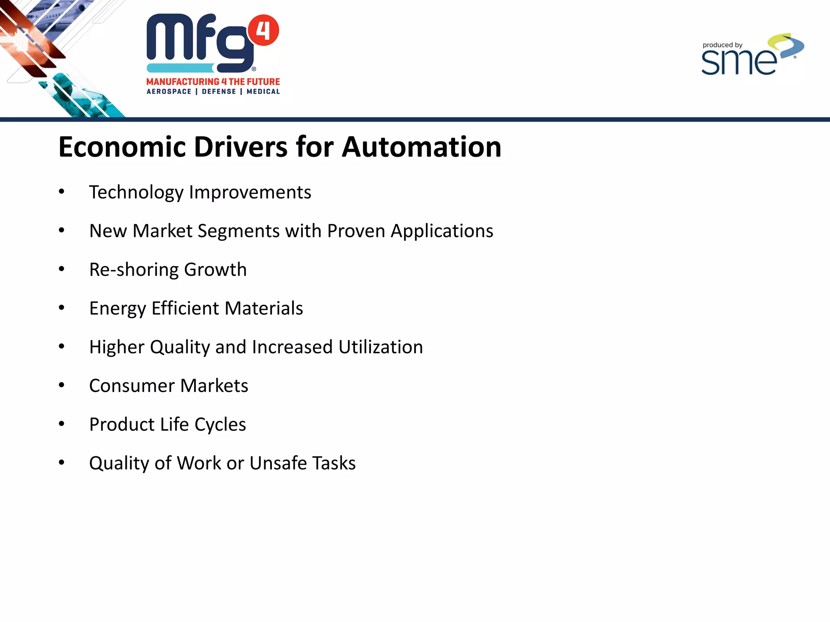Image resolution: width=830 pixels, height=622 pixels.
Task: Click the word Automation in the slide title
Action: point(421,147)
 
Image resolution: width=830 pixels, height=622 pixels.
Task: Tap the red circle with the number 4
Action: point(263,30)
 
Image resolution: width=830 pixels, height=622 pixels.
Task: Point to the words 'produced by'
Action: point(722,45)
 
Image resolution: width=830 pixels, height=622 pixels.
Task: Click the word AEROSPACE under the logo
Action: point(169,92)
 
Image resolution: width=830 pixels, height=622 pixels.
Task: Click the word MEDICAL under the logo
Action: point(263,92)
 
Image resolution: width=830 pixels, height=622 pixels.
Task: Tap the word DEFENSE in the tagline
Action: point(219,92)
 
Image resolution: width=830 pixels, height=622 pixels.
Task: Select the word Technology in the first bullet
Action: point(136,192)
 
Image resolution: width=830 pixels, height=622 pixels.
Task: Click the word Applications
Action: point(442,231)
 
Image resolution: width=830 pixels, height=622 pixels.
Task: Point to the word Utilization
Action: point(381,347)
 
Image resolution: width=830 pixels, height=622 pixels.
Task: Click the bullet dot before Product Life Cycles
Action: point(62,424)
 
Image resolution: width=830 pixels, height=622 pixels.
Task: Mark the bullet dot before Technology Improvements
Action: point(62,192)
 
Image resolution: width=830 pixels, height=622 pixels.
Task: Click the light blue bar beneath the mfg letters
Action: point(180,68)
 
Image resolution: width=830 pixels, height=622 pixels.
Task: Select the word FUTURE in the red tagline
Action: point(263,82)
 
